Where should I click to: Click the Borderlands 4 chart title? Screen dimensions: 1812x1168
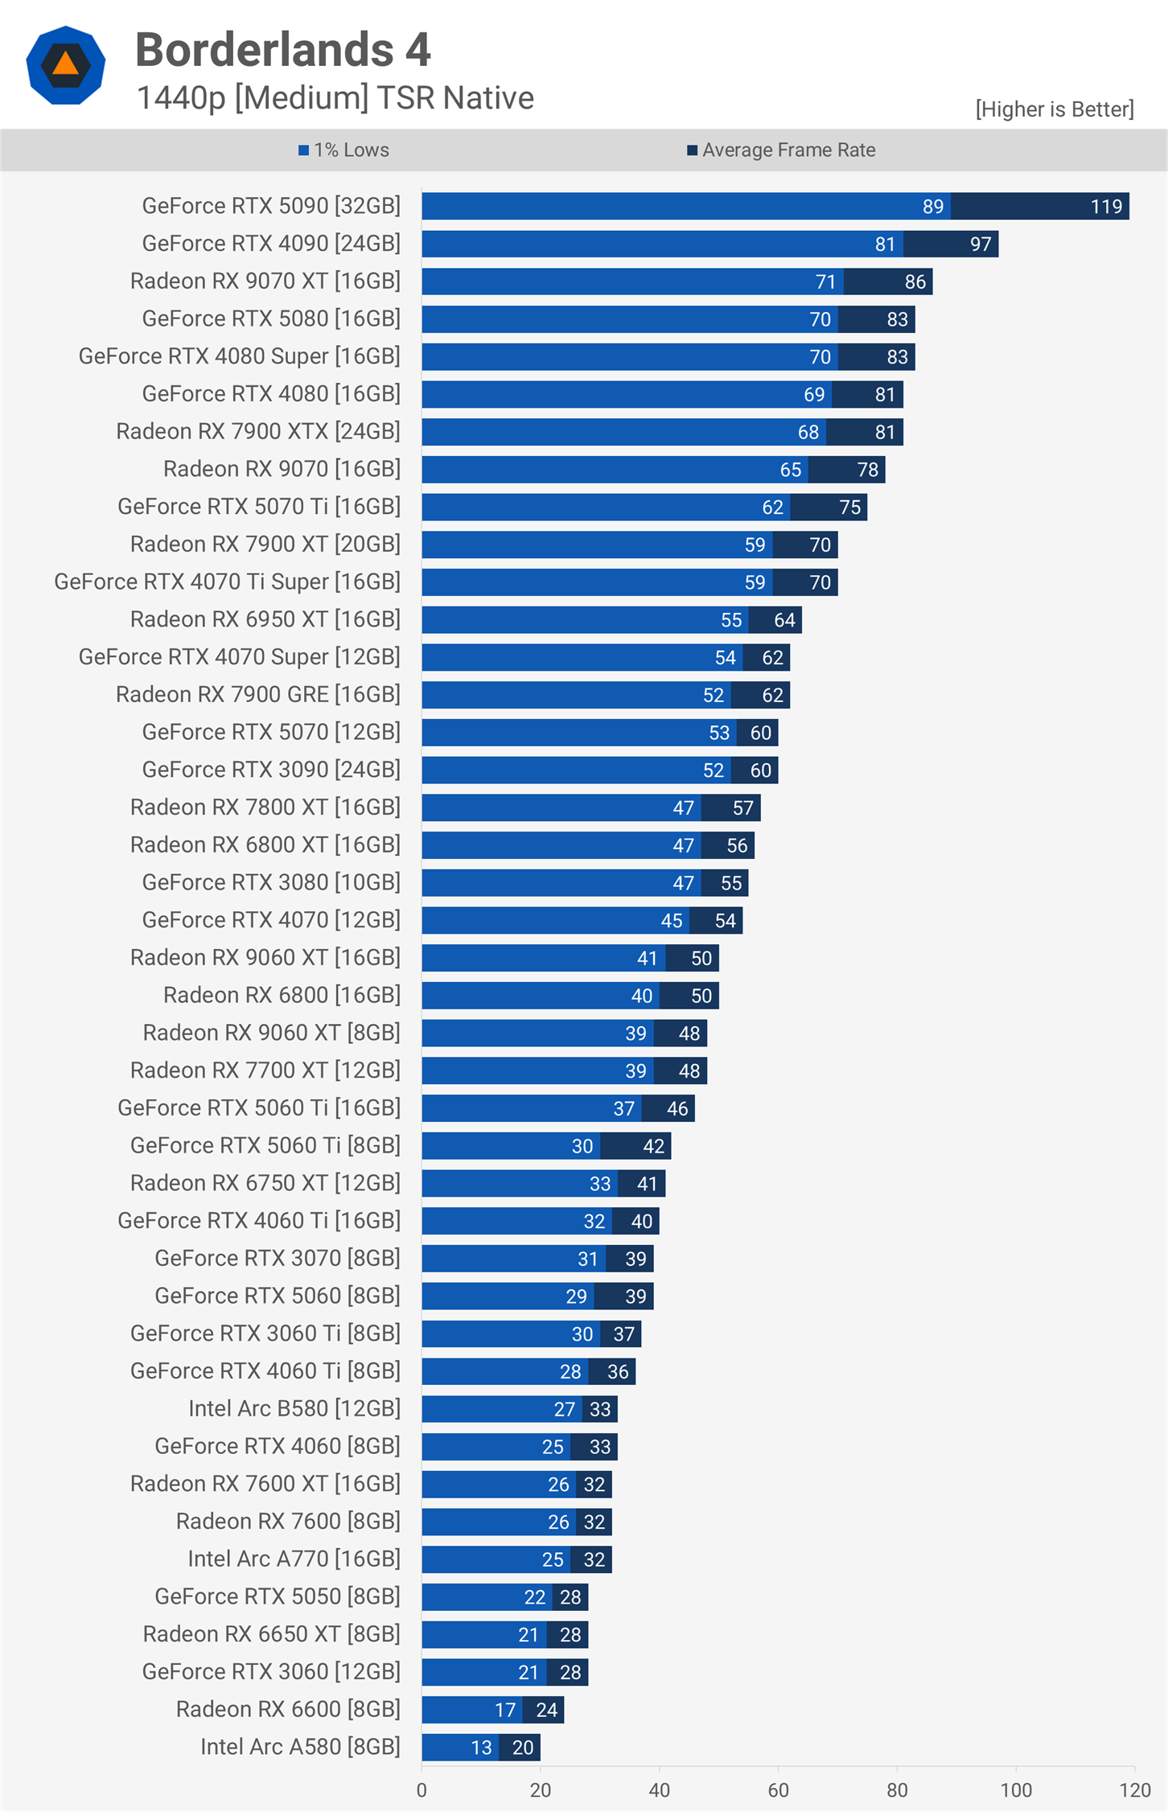click(x=282, y=50)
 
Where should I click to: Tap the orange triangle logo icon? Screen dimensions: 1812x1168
click(x=65, y=64)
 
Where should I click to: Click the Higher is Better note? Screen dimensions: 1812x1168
click(x=1054, y=109)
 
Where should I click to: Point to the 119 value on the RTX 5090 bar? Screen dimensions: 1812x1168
click(x=1105, y=207)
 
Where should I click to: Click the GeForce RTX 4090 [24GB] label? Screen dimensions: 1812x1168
click(x=271, y=244)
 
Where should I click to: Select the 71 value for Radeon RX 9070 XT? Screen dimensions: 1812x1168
click(x=825, y=282)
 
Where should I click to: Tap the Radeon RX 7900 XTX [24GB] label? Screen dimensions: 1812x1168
click(x=258, y=432)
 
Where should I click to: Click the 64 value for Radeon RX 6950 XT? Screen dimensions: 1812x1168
click(x=784, y=620)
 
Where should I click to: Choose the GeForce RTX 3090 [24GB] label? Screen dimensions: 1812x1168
click(x=271, y=770)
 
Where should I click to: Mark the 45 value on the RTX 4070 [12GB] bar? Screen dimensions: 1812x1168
click(x=672, y=921)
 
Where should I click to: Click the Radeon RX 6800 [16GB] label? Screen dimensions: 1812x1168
click(x=282, y=996)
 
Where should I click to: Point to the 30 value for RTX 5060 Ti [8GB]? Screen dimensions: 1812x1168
click(x=582, y=1146)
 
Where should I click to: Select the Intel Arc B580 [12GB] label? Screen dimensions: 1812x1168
click(x=294, y=1409)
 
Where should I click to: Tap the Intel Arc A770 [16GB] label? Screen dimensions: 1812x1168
click(x=294, y=1559)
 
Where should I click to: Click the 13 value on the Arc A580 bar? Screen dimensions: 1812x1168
click(x=481, y=1748)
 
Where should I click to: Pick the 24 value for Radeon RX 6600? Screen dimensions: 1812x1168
click(x=546, y=1710)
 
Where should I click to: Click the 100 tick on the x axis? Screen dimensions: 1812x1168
click(x=1016, y=1790)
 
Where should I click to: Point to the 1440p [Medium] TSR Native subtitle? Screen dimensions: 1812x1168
click(x=335, y=98)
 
